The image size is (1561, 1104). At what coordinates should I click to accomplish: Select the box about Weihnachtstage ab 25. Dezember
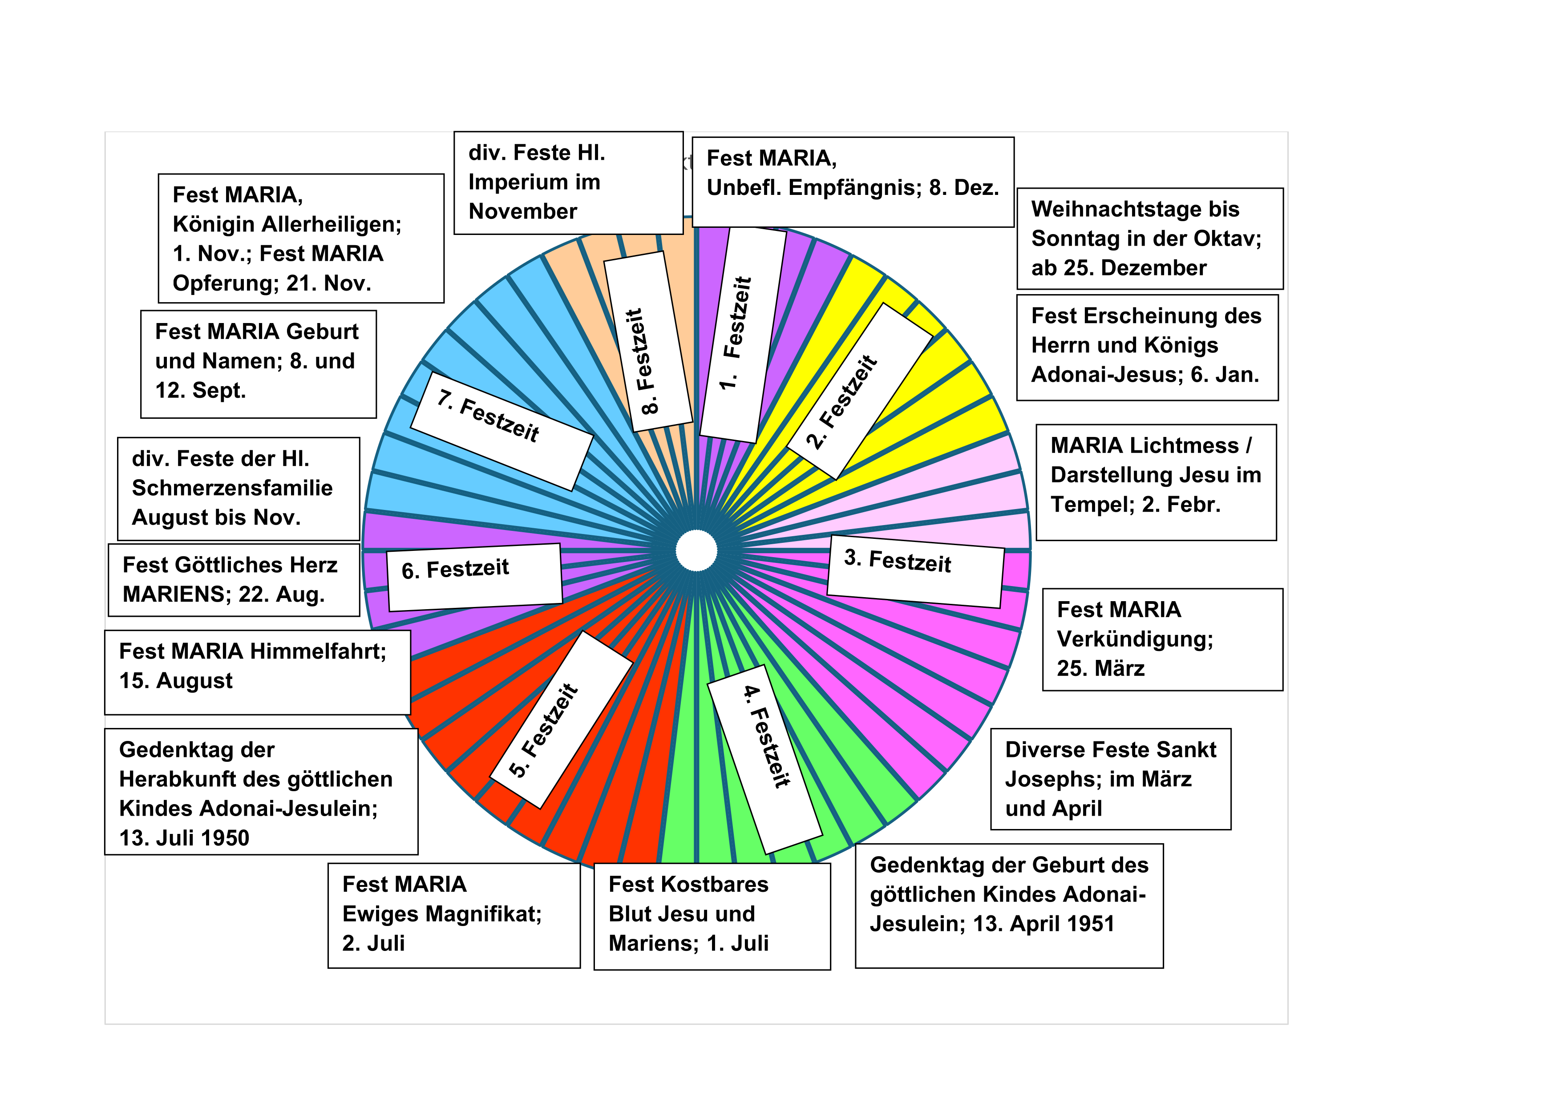click(1149, 239)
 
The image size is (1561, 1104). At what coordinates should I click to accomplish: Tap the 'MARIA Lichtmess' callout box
click(1156, 482)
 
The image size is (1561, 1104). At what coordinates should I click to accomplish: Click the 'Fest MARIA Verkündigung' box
click(1162, 639)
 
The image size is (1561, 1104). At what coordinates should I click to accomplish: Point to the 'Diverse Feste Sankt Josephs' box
click(1110, 779)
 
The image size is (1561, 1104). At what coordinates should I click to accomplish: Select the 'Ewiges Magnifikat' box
click(453, 915)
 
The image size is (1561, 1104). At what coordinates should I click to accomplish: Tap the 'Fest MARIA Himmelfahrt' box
click(257, 671)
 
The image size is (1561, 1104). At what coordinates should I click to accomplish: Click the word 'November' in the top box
click(523, 211)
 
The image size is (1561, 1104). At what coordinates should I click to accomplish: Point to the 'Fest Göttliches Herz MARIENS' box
click(233, 580)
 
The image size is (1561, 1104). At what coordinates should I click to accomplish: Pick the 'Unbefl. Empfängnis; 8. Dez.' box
click(853, 182)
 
